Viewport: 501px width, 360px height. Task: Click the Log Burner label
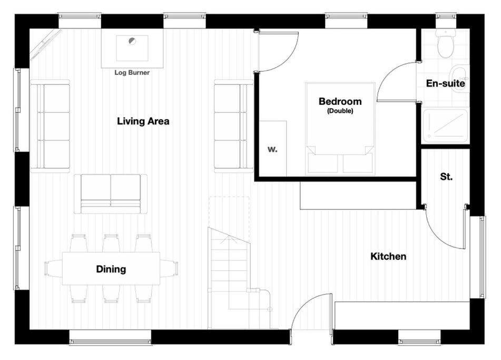click(132, 73)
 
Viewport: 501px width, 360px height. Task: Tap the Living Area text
click(143, 121)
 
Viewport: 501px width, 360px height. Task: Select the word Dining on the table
click(111, 269)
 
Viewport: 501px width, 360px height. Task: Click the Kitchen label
click(388, 256)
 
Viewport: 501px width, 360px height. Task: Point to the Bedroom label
click(340, 101)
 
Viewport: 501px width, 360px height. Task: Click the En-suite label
click(445, 83)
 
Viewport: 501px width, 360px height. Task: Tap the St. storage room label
click(446, 177)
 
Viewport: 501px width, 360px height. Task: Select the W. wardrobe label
click(272, 149)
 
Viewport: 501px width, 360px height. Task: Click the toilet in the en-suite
click(446, 43)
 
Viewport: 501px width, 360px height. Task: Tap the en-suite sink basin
click(460, 79)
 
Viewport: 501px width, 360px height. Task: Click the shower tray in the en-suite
click(446, 125)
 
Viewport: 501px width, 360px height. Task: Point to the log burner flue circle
click(132, 41)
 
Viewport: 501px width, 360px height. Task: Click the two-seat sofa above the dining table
click(111, 194)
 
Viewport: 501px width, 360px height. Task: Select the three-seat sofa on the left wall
click(50, 126)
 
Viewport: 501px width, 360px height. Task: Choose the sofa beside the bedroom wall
click(233, 126)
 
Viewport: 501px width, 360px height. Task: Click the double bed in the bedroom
click(340, 129)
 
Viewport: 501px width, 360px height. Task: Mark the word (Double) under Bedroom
click(340, 111)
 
